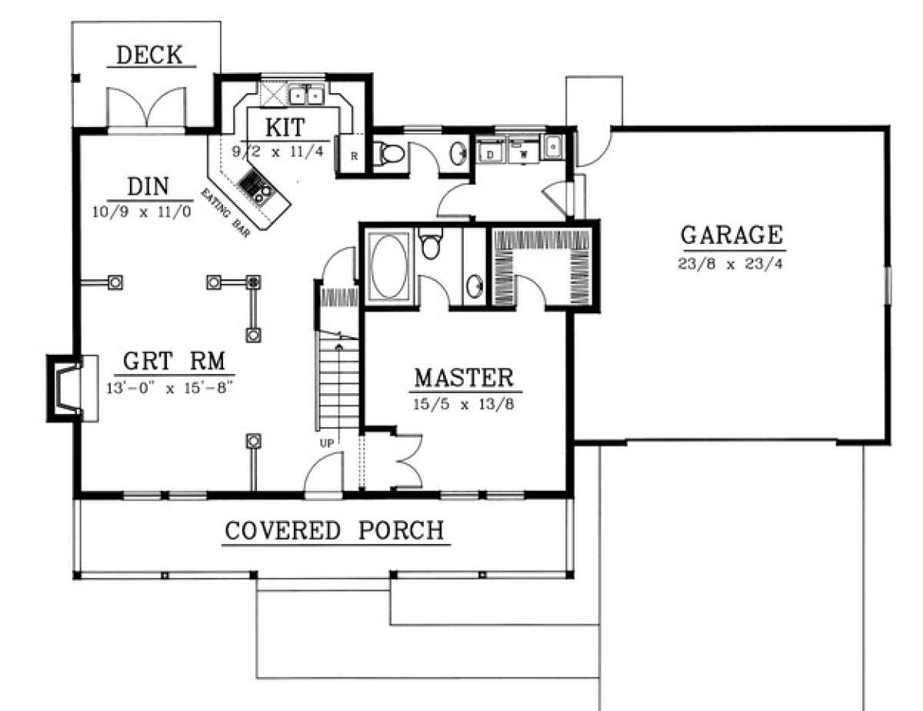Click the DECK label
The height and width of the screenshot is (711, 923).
(149, 55)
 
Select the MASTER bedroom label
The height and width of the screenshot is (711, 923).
(463, 378)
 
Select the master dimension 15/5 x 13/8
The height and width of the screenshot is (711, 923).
(463, 404)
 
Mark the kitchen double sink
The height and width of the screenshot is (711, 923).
(306, 95)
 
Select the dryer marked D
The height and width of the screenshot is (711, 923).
(489, 152)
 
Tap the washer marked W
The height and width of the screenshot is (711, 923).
(524, 152)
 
